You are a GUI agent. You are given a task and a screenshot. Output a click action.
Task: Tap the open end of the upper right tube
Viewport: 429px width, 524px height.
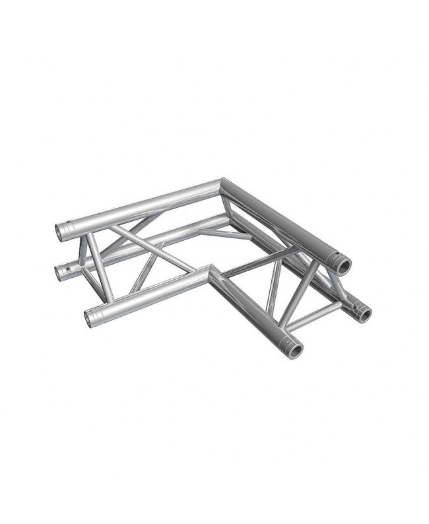(344, 265)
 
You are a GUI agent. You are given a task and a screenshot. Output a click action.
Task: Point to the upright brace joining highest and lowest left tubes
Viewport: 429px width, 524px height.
(94, 267)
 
